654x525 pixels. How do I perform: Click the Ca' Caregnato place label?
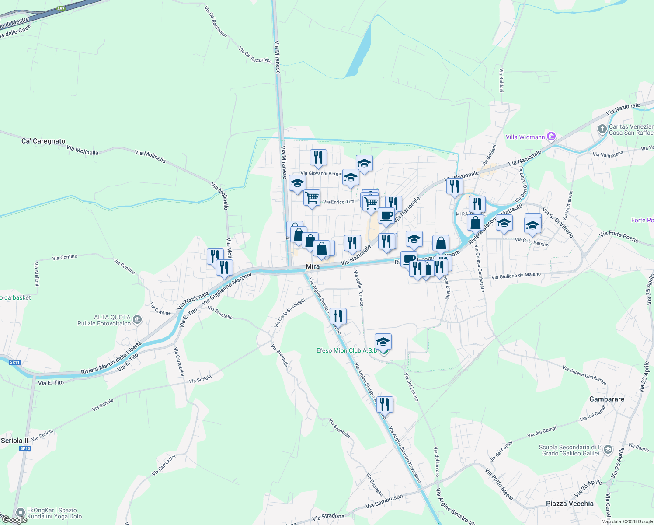pyautogui.click(x=43, y=141)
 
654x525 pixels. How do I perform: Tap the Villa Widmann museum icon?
pyautogui.click(x=551, y=137)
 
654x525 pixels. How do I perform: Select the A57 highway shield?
pyautogui.click(x=61, y=9)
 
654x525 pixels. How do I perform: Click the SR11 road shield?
pyautogui.click(x=15, y=362)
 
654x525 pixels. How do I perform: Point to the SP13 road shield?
pyautogui.click(x=25, y=448)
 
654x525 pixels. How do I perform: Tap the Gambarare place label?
pyautogui.click(x=606, y=399)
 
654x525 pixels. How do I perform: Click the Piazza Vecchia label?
pyautogui.click(x=570, y=504)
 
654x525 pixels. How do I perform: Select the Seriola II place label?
pyautogui.click(x=14, y=441)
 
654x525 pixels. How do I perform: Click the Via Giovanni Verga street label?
pyautogui.click(x=320, y=173)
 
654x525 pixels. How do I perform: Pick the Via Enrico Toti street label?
pyautogui.click(x=338, y=202)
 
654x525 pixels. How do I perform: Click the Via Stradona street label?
pyautogui.click(x=328, y=517)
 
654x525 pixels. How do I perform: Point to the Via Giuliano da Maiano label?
pyautogui.click(x=516, y=276)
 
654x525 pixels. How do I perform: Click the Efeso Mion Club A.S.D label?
pyautogui.click(x=347, y=350)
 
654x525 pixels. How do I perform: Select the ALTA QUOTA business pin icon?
pyautogui.click(x=137, y=320)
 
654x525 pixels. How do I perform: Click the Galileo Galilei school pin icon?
pyautogui.click(x=608, y=451)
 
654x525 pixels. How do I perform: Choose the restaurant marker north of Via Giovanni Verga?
pyautogui.click(x=318, y=157)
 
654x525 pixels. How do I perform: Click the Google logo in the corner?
pyautogui.click(x=14, y=520)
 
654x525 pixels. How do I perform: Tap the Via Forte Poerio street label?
pyautogui.click(x=619, y=237)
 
